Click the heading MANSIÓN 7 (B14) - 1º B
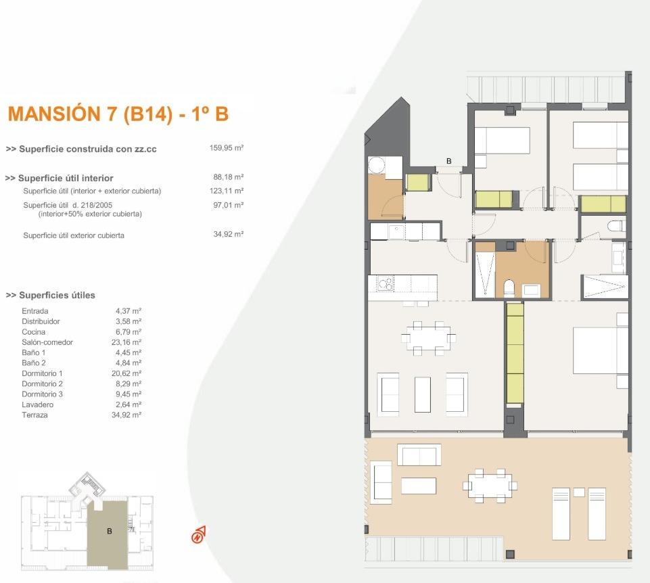click(118, 114)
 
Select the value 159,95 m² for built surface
click(227, 148)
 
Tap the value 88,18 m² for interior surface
click(228, 178)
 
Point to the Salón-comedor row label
click(47, 342)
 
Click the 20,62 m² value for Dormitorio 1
click(128, 373)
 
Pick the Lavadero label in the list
click(37, 404)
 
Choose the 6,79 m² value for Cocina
click(128, 332)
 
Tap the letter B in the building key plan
click(109, 532)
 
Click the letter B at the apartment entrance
click(448, 161)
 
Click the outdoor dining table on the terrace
click(491, 485)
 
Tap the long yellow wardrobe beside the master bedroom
click(515, 353)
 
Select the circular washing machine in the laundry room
click(376, 166)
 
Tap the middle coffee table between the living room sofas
click(423, 395)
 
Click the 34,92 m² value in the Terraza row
click(128, 415)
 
